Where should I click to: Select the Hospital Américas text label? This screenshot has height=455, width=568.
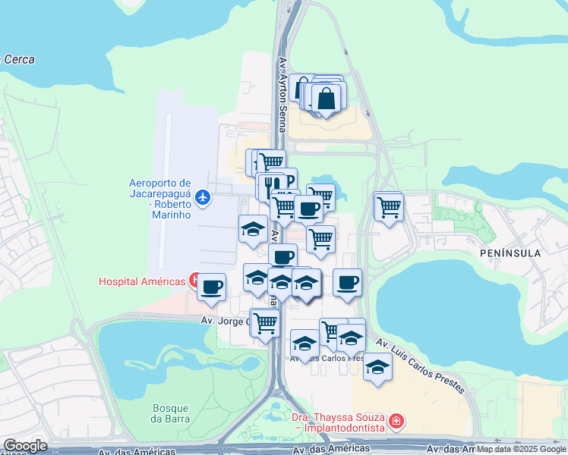(142, 281)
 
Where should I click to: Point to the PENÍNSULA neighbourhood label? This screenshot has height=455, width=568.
(510, 253)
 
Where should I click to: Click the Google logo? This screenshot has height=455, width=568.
(25, 446)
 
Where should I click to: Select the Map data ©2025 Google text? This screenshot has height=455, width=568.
(522, 449)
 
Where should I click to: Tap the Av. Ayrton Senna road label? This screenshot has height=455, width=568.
(282, 95)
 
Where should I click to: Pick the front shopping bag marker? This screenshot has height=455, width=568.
(327, 99)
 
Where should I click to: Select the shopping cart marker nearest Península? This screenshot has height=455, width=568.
(388, 206)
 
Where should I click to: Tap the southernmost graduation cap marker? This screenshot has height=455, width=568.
(377, 367)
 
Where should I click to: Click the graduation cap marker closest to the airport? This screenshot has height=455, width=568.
(252, 229)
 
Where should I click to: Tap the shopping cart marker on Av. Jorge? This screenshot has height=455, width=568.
(265, 323)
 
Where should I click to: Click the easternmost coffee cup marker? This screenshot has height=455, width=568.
(347, 282)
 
